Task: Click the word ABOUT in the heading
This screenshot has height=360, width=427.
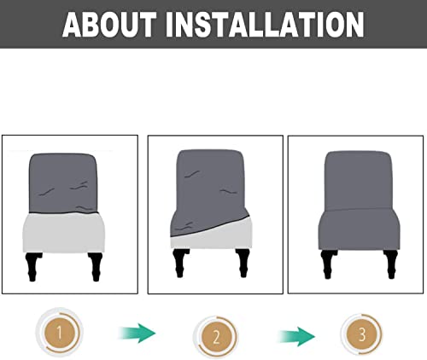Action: pos(119,24)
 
